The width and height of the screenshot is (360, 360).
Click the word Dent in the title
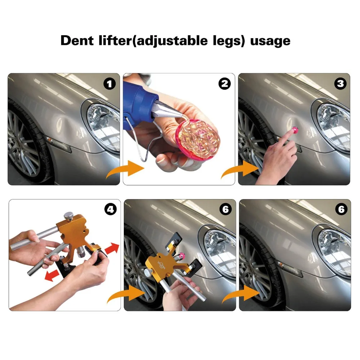(x=77, y=41)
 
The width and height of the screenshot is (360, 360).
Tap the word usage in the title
(x=270, y=41)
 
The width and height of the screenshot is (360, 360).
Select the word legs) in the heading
(x=229, y=41)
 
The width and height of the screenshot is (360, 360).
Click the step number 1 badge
(x=109, y=84)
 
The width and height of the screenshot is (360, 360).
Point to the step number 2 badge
(x=225, y=84)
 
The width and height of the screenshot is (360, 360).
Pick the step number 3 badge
(x=340, y=84)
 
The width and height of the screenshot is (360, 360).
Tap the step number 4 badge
(x=111, y=210)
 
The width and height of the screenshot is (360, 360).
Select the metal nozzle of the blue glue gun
(x=166, y=111)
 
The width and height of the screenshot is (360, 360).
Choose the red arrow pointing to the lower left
(x=52, y=275)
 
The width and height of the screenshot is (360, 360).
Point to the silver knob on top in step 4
(x=69, y=216)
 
